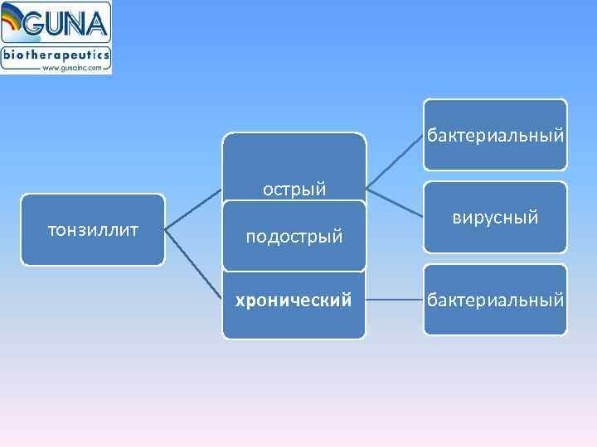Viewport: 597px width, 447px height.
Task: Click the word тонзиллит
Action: tap(92, 228)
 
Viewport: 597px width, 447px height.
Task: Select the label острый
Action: tap(294, 190)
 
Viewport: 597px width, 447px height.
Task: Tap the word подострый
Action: tap(294, 237)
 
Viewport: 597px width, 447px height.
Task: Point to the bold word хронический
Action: tap(294, 300)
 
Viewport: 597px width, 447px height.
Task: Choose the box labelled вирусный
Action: tap(495, 217)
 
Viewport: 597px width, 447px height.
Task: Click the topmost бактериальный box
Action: tap(495, 134)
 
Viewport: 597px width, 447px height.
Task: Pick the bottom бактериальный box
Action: tap(495, 300)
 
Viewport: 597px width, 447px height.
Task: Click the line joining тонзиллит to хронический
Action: tap(194, 263)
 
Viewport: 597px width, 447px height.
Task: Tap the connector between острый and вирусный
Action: tap(395, 202)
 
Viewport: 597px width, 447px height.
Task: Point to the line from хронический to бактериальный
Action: tap(395, 300)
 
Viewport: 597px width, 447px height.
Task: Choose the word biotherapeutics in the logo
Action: tap(56, 55)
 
